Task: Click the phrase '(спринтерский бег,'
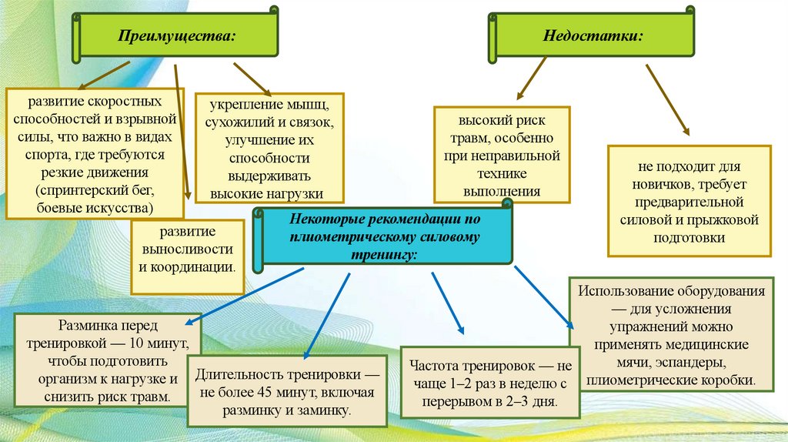click(95, 190)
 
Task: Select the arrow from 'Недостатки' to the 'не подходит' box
click(667, 101)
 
